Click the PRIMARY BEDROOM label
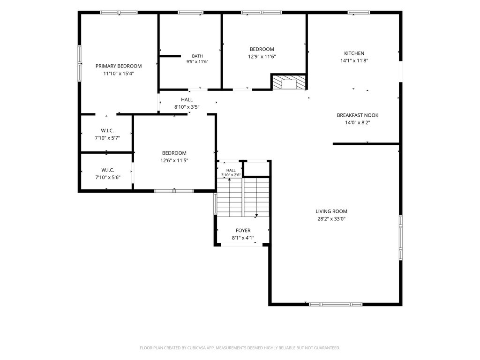(119, 66)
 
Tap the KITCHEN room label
(354, 53)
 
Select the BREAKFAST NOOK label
(358, 115)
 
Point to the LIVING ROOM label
(331, 211)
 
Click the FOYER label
(243, 231)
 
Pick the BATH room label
(197, 56)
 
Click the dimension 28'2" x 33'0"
(331, 219)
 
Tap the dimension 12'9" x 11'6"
(262, 57)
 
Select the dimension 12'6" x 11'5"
(174, 160)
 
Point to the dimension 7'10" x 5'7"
(107, 138)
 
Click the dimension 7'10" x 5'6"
(107, 177)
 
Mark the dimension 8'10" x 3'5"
(187, 107)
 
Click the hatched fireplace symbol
(289, 82)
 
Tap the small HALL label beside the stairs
(231, 170)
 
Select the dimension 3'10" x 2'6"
(231, 175)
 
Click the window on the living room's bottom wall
(336, 304)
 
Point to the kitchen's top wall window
(359, 13)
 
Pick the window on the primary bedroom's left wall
(79, 63)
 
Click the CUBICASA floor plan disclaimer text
(240, 348)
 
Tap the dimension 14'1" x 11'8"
(354, 60)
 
